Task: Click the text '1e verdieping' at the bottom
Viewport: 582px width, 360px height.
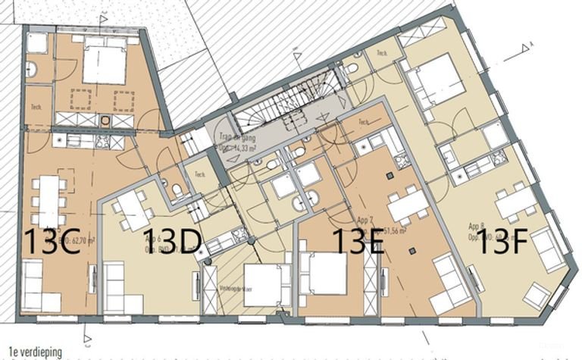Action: click(x=31, y=352)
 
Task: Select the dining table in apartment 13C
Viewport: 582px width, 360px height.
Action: click(x=48, y=201)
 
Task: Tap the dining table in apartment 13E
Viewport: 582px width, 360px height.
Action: click(x=407, y=205)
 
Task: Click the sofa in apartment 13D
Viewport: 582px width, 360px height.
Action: click(x=114, y=286)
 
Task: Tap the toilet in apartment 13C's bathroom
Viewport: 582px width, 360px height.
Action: click(x=32, y=71)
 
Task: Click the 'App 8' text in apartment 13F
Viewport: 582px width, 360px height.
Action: click(x=476, y=226)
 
